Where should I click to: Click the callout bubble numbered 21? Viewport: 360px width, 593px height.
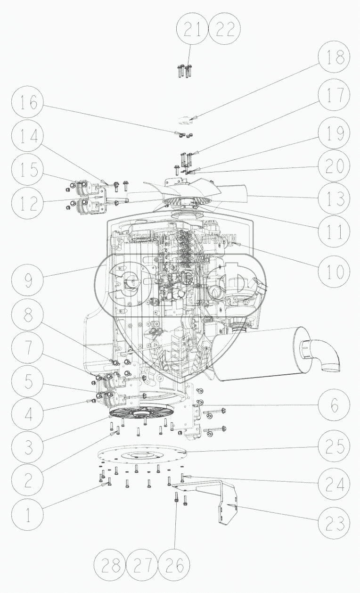(191, 31)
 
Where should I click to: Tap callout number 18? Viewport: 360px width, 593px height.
(334, 58)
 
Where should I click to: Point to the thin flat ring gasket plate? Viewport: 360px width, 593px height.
(141, 455)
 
